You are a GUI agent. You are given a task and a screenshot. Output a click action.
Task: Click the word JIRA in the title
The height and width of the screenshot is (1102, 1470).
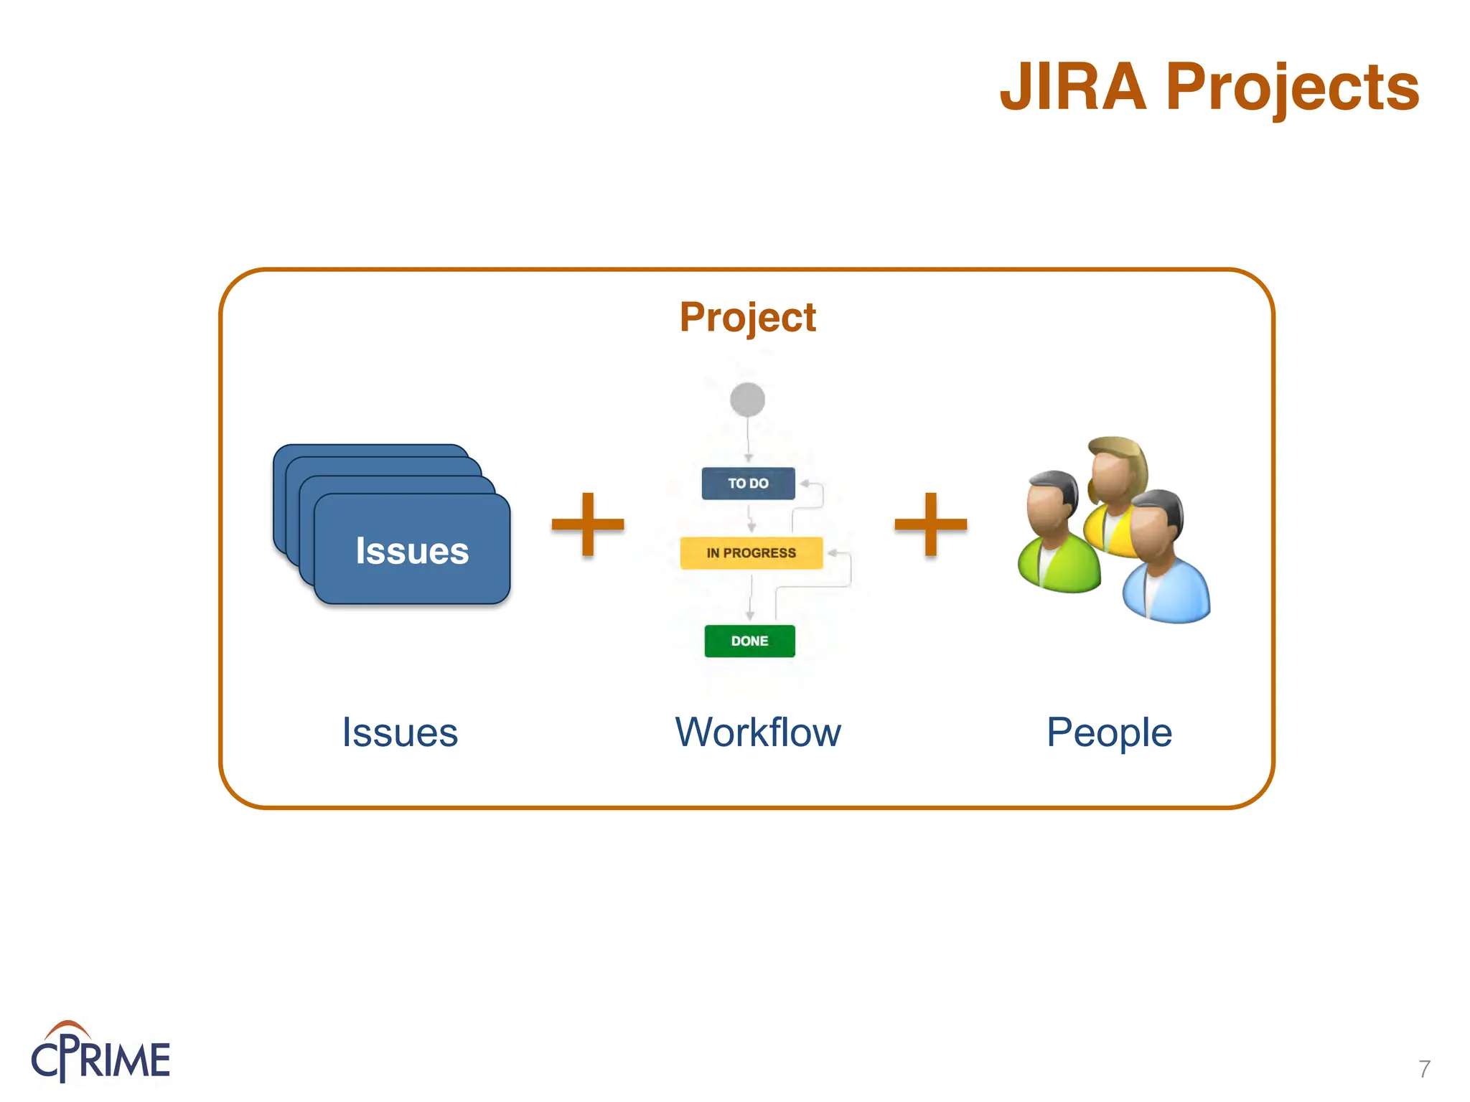tap(1073, 88)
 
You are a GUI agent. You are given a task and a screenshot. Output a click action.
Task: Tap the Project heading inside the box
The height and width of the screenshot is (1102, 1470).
tap(747, 317)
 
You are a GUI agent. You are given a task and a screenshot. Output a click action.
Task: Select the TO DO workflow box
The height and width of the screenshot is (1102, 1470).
tap(748, 484)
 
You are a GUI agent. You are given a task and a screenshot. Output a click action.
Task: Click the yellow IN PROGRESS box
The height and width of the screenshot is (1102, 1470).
tap(751, 553)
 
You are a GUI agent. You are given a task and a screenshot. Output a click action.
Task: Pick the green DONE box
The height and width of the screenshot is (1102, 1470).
tap(749, 641)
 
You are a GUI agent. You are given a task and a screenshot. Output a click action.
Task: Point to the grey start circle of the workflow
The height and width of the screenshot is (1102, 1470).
tap(747, 400)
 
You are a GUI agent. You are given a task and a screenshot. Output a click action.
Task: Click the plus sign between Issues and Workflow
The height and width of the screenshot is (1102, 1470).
tap(588, 524)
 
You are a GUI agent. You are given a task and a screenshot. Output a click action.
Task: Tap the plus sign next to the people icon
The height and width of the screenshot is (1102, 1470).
tap(931, 524)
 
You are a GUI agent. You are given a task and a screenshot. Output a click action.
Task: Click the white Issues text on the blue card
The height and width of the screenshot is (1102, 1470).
tap(412, 551)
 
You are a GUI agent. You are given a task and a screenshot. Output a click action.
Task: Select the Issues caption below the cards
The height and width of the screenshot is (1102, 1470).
tap(400, 733)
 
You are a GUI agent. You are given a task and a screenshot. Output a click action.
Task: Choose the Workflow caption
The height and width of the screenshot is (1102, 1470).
tap(758, 733)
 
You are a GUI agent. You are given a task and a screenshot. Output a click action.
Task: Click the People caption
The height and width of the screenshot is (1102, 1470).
tap(1109, 733)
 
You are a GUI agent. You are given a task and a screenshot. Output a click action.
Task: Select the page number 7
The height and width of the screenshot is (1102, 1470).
tap(1424, 1069)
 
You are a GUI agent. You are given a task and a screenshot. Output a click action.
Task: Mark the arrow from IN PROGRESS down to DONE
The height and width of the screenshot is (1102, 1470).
tap(751, 597)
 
